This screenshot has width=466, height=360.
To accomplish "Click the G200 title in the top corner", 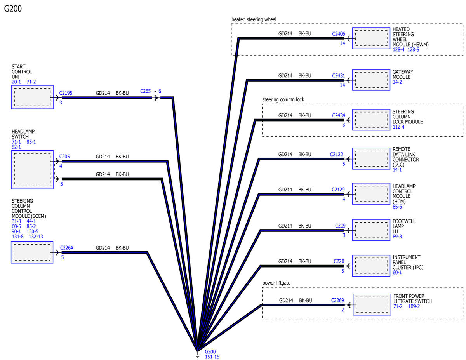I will click(13, 9).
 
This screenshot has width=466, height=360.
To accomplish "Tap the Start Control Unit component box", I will click(32, 97).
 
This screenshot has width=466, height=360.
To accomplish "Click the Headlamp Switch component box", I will click(32, 170).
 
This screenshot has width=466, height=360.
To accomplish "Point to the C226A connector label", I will click(67, 248).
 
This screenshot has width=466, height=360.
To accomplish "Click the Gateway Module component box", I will click(370, 80).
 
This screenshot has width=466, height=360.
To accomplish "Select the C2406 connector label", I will click(338, 34).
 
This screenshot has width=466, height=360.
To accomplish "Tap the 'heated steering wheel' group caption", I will click(254, 19).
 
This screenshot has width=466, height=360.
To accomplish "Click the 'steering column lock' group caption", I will click(283, 99).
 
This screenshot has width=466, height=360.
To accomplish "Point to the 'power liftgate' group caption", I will click(276, 283).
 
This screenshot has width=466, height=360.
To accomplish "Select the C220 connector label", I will click(339, 261).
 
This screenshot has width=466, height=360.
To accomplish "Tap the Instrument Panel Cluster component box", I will click(370, 266).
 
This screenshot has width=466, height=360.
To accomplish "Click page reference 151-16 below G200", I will click(212, 357).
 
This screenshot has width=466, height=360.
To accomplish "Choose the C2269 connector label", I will click(338, 300).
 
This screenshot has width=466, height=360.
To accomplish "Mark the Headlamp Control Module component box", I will click(370, 193).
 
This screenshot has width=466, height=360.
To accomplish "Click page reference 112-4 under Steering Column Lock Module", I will click(398, 127).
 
